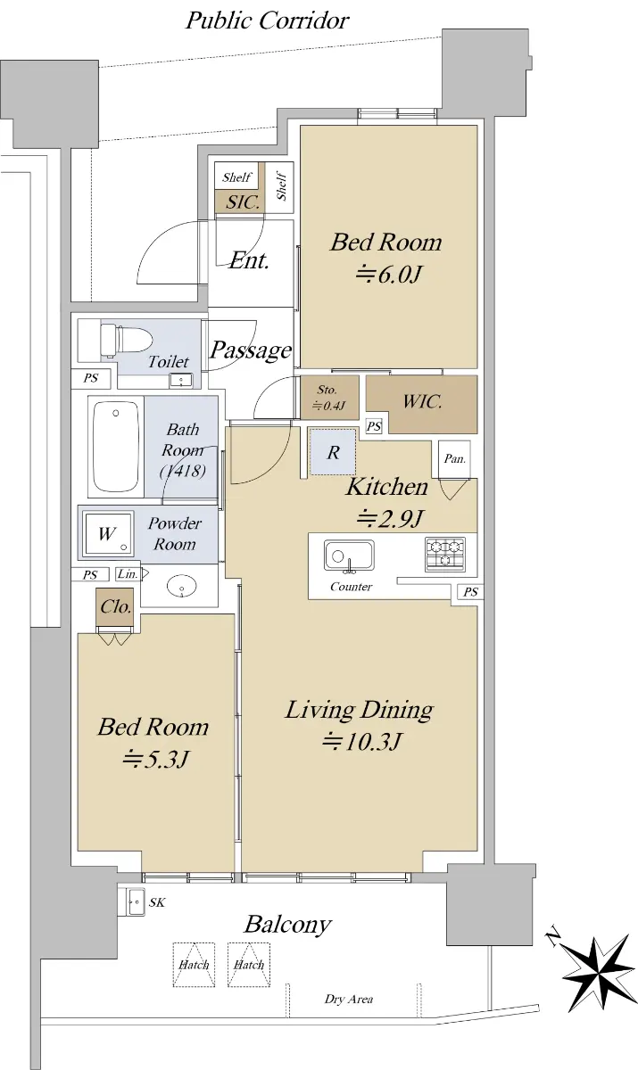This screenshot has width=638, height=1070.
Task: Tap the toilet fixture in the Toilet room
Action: pos(126,340)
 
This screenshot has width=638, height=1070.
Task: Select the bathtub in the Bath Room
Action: pos(116,446)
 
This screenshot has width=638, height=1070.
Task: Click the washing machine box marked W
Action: pos(108,533)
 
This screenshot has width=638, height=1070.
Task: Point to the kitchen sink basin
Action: pos(349,556)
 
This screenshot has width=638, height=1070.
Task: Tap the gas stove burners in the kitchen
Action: pos(445,554)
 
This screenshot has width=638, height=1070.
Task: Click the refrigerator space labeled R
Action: pos(333,452)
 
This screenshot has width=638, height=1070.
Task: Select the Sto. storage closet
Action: pos(329,398)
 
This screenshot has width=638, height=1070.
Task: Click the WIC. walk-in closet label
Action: pos(422,401)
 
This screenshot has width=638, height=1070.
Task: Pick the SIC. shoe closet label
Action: pos(243,202)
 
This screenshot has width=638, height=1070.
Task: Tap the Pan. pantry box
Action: pos(454,459)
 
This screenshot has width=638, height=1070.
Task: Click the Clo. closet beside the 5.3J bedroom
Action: pos(116,606)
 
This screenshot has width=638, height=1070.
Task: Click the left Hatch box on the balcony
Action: pos(194,964)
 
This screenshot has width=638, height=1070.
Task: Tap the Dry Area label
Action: pos(348,999)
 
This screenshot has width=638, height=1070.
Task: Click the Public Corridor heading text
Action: pos(267,21)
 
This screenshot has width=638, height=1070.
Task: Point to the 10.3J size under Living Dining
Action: pos(360,742)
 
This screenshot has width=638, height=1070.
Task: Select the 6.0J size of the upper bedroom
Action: pos(388,275)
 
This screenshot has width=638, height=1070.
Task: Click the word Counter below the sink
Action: pos(351,587)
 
